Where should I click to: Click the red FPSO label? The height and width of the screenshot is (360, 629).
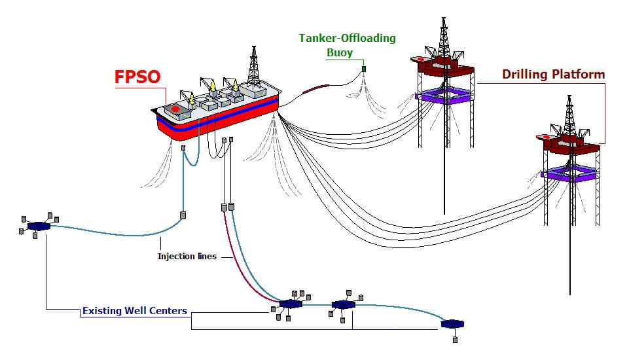(137, 77)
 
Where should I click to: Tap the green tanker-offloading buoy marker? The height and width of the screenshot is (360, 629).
(364, 69)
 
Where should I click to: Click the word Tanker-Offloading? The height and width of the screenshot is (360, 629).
(347, 38)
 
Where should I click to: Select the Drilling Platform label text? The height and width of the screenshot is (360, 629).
(554, 74)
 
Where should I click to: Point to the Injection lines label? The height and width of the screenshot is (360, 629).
(187, 256)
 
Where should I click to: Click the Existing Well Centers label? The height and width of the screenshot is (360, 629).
(135, 311)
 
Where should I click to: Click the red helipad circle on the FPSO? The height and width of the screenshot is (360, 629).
(175, 109)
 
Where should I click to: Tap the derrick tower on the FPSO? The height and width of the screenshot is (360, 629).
(253, 65)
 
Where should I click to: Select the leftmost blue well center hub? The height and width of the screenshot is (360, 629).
(39, 226)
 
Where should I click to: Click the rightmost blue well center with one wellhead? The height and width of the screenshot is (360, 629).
(452, 323)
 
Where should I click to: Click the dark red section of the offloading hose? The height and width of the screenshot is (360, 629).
(315, 89)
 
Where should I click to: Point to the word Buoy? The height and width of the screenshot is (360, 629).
(339, 52)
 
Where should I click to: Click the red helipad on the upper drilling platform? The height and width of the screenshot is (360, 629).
(420, 60)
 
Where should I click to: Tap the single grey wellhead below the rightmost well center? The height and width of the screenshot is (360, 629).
(455, 340)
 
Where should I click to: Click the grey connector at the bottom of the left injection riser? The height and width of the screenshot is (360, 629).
(183, 215)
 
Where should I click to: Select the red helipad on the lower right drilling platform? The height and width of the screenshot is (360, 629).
(546, 137)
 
